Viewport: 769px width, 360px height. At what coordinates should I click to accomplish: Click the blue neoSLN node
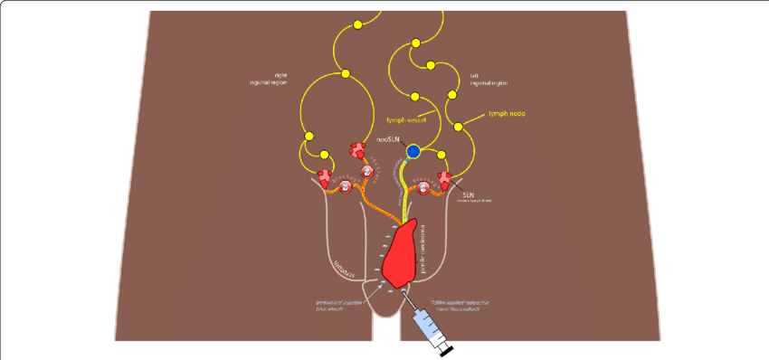click(413, 151)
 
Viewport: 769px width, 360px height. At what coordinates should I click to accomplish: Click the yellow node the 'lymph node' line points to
click(458, 126)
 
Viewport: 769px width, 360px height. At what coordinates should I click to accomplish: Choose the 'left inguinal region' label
click(488, 80)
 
